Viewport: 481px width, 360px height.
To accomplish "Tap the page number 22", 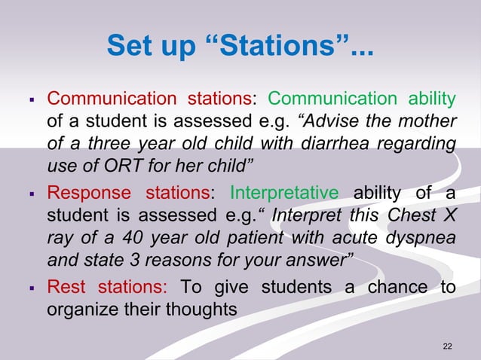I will (448, 346).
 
